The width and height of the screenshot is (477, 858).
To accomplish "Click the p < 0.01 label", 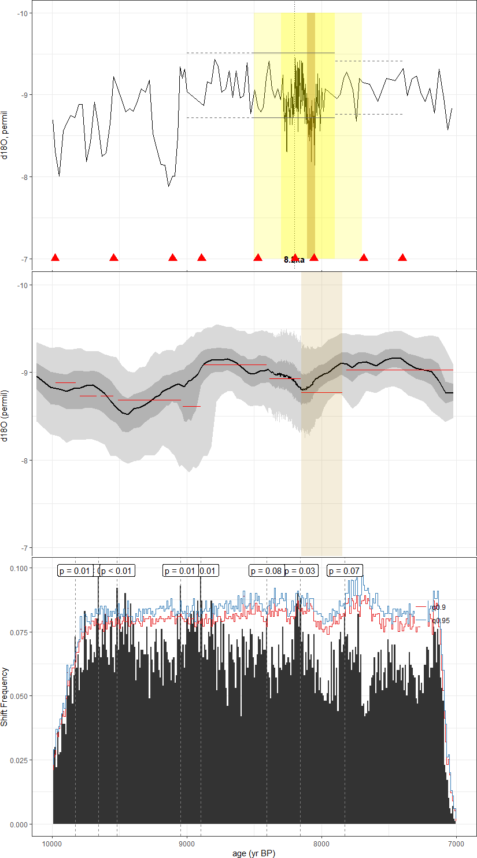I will (x=117, y=571).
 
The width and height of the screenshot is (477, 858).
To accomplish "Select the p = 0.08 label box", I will (x=267, y=571).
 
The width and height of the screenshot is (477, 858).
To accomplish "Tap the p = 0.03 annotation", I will (x=301, y=571).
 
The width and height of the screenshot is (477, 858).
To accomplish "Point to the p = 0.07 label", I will (x=345, y=571).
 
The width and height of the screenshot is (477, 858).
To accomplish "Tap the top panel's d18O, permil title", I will (x=5, y=136).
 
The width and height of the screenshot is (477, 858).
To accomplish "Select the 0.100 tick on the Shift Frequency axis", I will (x=19, y=568).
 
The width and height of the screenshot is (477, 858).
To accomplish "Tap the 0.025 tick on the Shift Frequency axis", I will (x=19, y=760).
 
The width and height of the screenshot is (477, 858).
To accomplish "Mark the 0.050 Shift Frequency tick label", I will (x=19, y=696).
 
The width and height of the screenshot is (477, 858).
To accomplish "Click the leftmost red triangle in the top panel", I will (x=56, y=257).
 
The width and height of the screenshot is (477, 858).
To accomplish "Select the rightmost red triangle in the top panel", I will (x=403, y=257).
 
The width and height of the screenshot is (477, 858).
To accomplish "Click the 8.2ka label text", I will (x=294, y=260).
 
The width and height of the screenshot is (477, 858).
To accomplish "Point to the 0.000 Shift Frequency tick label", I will (x=19, y=824).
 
